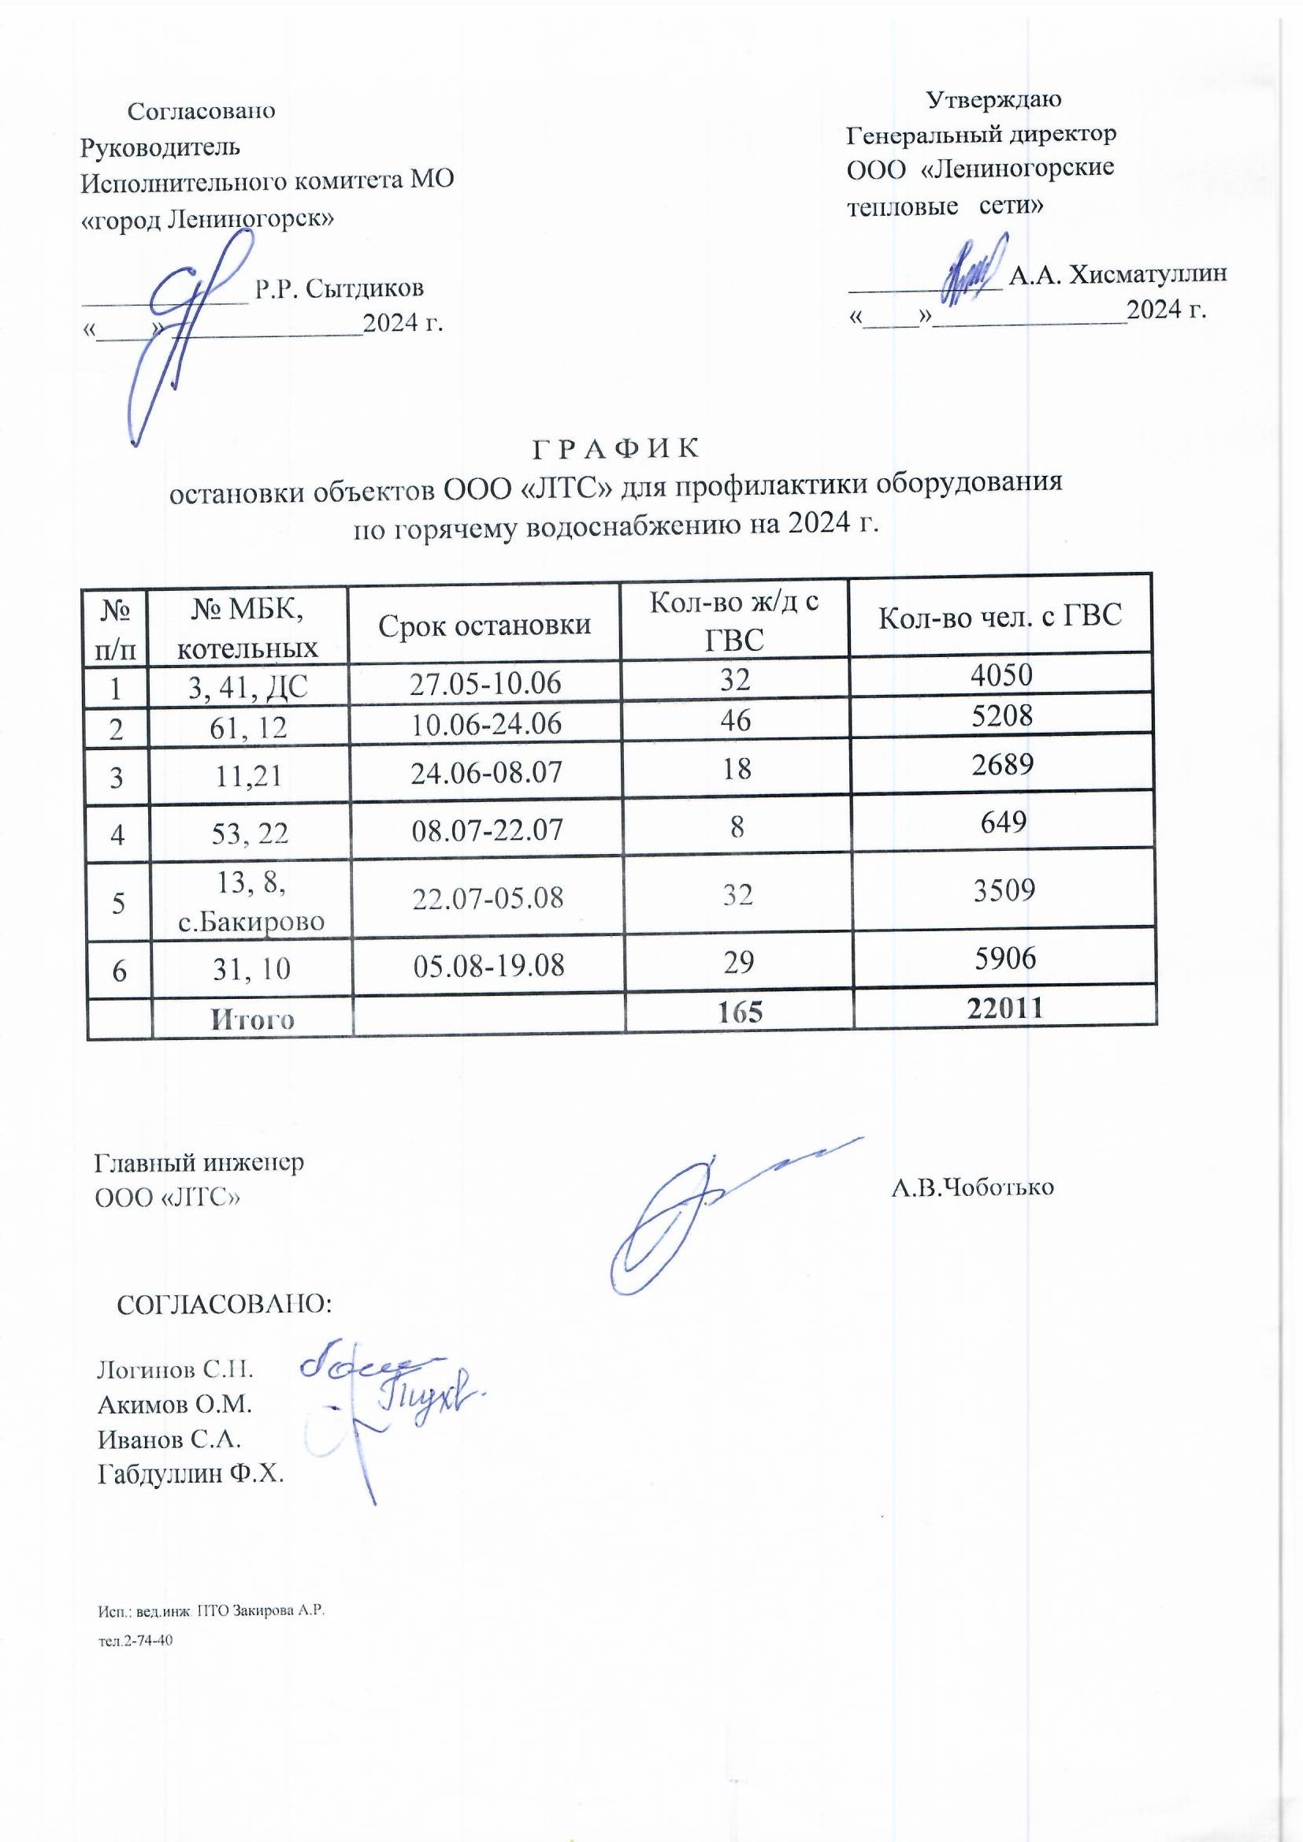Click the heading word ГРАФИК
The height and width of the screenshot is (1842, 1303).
tap(615, 448)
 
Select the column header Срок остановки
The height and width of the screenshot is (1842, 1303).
tap(484, 624)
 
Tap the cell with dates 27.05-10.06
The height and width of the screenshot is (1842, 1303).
tap(484, 683)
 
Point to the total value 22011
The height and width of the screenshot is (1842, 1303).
tap(1005, 1008)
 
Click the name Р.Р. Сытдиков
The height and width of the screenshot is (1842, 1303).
tap(339, 289)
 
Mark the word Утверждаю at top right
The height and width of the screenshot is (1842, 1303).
tap(993, 99)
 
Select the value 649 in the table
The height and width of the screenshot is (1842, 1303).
tap(1003, 822)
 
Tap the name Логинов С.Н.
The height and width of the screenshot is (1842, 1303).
tap(175, 1369)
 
